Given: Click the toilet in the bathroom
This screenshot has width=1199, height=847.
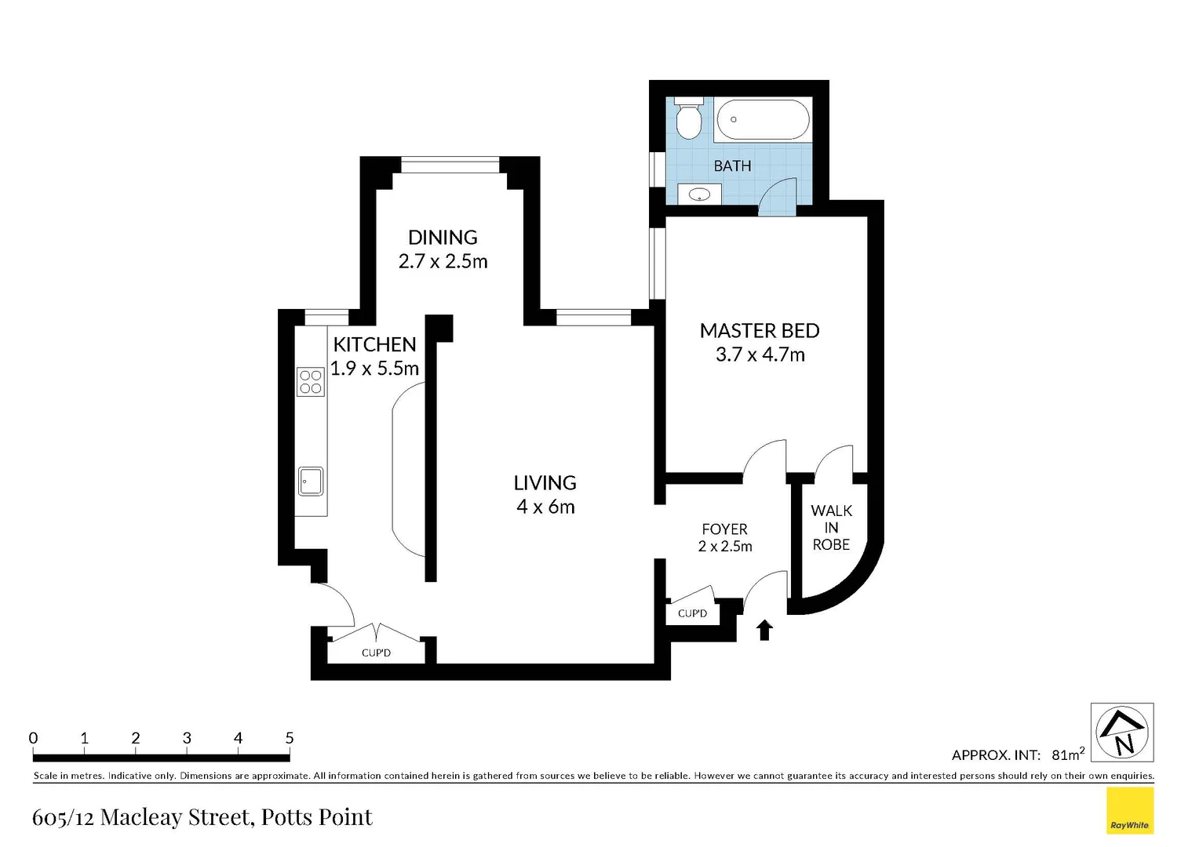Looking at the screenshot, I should tap(688, 120).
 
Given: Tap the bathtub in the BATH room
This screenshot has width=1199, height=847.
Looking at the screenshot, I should tap(762, 120).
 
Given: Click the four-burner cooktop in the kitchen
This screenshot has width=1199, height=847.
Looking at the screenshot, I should tap(311, 382).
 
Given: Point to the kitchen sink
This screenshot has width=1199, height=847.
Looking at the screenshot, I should tap(311, 481).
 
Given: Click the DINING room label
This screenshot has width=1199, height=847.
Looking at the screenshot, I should tap(443, 237).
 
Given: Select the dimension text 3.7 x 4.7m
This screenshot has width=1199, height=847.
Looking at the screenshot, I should tap(760, 355).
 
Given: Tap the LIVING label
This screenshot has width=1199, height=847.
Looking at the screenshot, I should tap(545, 483).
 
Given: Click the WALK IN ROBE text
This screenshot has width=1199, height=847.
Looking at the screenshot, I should tap(831, 528).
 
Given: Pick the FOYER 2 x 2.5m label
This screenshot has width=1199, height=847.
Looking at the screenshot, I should tap(724, 538).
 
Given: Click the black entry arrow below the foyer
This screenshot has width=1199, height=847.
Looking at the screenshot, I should tap(764, 630).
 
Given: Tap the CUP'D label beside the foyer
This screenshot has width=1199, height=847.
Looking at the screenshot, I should tap(692, 613).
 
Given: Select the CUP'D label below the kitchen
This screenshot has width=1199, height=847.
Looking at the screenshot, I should tap(376, 653).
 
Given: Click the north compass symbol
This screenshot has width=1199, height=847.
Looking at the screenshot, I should tap(1122, 732).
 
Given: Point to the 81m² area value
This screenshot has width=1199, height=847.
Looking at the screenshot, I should tap(1067, 754).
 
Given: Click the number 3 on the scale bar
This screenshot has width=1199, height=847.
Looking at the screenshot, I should tap(187, 738).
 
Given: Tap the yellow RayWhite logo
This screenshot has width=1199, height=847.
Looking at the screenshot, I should tap(1129, 810).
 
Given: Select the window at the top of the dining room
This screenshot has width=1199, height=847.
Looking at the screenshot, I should tap(450, 165).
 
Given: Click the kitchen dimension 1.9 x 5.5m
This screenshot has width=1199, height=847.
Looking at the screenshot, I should tap(374, 369).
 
